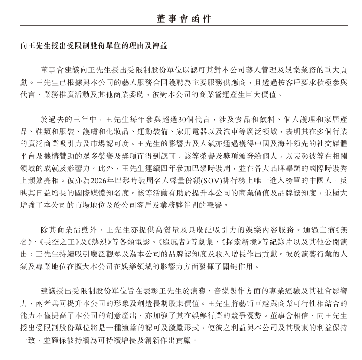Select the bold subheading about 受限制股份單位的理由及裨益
coord(94,45)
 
